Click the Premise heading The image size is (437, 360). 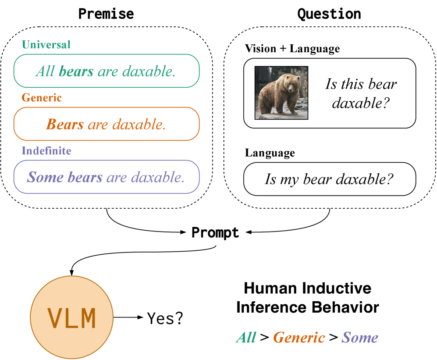(106, 14)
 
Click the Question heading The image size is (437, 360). (329, 14)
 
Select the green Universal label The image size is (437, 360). (46, 45)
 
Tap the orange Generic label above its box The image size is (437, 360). (42, 98)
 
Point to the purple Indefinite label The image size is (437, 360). (46, 150)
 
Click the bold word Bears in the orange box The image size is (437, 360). (65, 124)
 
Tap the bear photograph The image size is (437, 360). (281, 93)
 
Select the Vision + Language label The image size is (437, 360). (292, 49)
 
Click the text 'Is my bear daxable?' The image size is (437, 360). (329, 179)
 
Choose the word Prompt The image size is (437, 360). (215, 232)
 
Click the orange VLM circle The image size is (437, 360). (71, 317)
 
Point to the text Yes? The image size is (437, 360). (165, 318)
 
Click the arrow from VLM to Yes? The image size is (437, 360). (128, 317)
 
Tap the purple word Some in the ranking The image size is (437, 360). (360, 337)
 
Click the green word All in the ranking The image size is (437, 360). (246, 337)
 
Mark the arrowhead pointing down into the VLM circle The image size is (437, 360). (72, 273)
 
